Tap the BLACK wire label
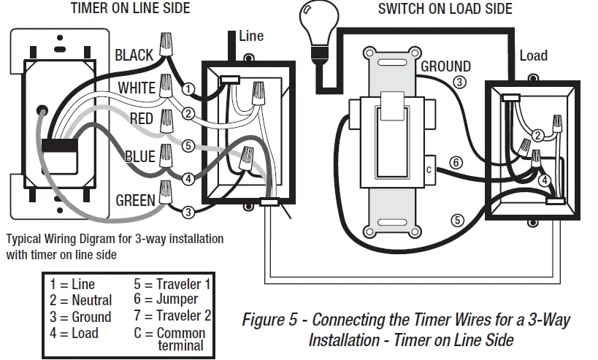134,55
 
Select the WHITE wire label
137,88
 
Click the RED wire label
141,119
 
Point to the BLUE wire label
139,156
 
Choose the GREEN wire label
135,199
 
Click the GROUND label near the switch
445,66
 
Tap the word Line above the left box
251,36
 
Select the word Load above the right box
533,56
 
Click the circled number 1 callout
188,88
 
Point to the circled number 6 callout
456,163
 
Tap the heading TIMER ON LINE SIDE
130,9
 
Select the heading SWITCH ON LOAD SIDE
445,9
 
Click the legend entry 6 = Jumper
166,299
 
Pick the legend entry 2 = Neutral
81,300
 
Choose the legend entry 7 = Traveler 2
172,315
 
